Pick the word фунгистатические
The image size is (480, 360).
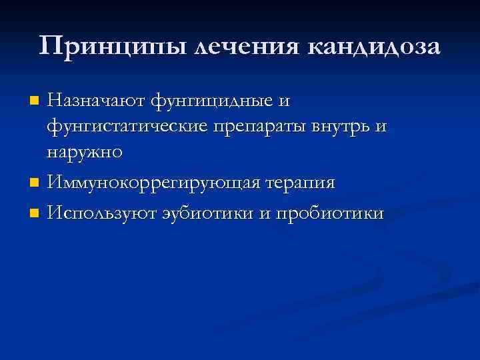pos(130,127)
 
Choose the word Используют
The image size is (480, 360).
pos(99,213)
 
